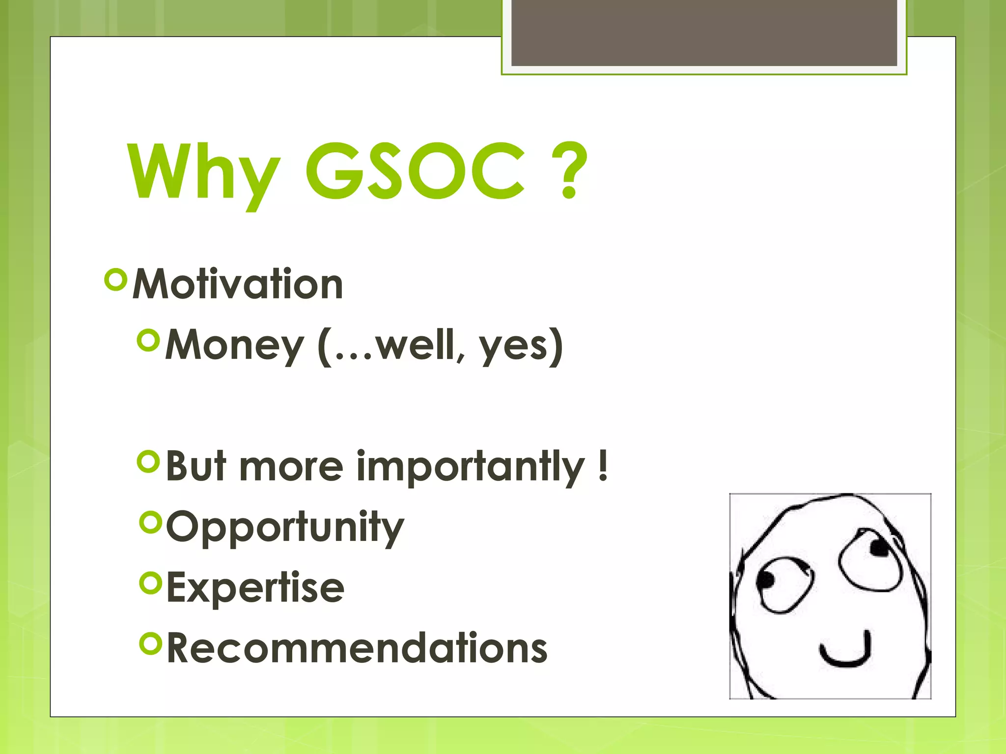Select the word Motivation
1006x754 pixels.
coord(238,284)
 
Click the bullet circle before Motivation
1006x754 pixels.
coord(116,280)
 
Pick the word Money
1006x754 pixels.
coord(234,346)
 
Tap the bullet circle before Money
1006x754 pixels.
coord(149,340)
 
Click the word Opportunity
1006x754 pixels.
coord(285,528)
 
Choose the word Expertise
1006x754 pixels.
coord(255,588)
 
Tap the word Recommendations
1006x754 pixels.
coord(357,648)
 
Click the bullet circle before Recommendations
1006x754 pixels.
coord(150,644)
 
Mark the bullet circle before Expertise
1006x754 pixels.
coord(150,583)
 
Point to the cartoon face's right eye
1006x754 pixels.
coord(870,560)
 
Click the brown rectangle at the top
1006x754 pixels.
coord(704,32)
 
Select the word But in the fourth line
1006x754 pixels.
coord(196,467)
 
